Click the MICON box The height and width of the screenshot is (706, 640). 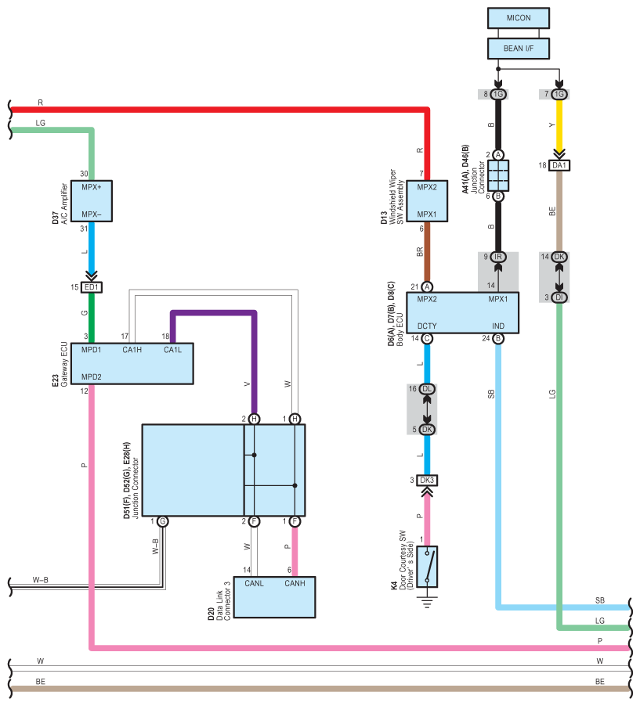pyautogui.click(x=519, y=18)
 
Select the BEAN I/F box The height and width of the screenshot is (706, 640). pyautogui.click(x=519, y=49)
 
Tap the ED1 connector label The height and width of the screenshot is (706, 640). pyautogui.click(x=92, y=287)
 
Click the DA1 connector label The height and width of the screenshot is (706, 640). pyautogui.click(x=559, y=165)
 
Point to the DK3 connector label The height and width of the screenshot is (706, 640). pyautogui.click(x=427, y=481)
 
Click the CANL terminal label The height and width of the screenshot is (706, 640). pyautogui.click(x=254, y=584)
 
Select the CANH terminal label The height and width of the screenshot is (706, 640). pyautogui.click(x=295, y=584)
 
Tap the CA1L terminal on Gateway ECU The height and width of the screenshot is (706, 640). pyautogui.click(x=172, y=350)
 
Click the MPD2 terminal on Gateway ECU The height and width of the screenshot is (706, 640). pyautogui.click(x=92, y=376)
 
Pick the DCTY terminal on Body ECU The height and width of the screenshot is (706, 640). pyautogui.click(x=427, y=326)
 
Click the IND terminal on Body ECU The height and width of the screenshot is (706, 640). pyautogui.click(x=498, y=326)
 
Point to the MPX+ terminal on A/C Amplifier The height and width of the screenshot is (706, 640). pyautogui.click(x=92, y=187)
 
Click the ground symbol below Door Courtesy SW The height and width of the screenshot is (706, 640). pyautogui.click(x=427, y=602)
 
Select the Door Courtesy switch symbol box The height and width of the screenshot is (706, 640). pyautogui.click(x=427, y=567)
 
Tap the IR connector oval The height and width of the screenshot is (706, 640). pyautogui.click(x=498, y=257)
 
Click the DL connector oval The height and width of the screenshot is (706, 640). pyautogui.click(x=427, y=389)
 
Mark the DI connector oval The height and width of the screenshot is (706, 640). pyautogui.click(x=559, y=297)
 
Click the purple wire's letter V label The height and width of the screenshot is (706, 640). pyautogui.click(x=247, y=384)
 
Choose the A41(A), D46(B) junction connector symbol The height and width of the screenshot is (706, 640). pyautogui.click(x=498, y=175)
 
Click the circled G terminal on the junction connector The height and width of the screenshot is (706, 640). pyautogui.click(x=163, y=521)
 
